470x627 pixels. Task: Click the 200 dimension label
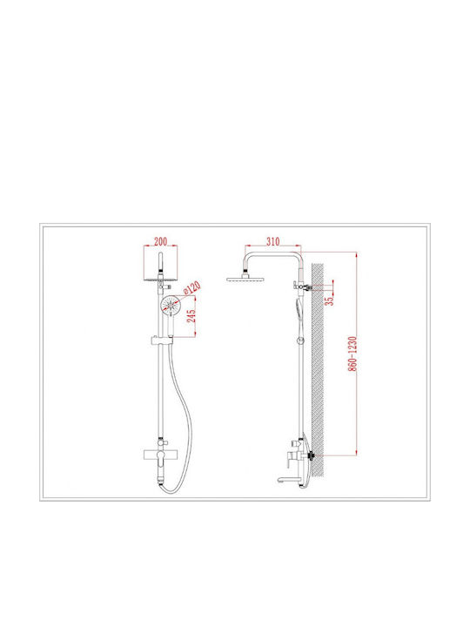pos(160,241)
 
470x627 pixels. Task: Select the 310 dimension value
pos(273,241)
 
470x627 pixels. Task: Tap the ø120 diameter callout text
pos(192,288)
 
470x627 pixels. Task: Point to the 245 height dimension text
pos(191,316)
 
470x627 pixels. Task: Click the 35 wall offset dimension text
pos(329,300)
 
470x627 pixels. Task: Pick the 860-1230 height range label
pos(352,354)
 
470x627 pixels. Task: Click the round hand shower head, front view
pos(171,305)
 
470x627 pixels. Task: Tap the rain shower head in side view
pos(245,279)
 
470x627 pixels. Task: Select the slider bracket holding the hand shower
pos(162,340)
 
